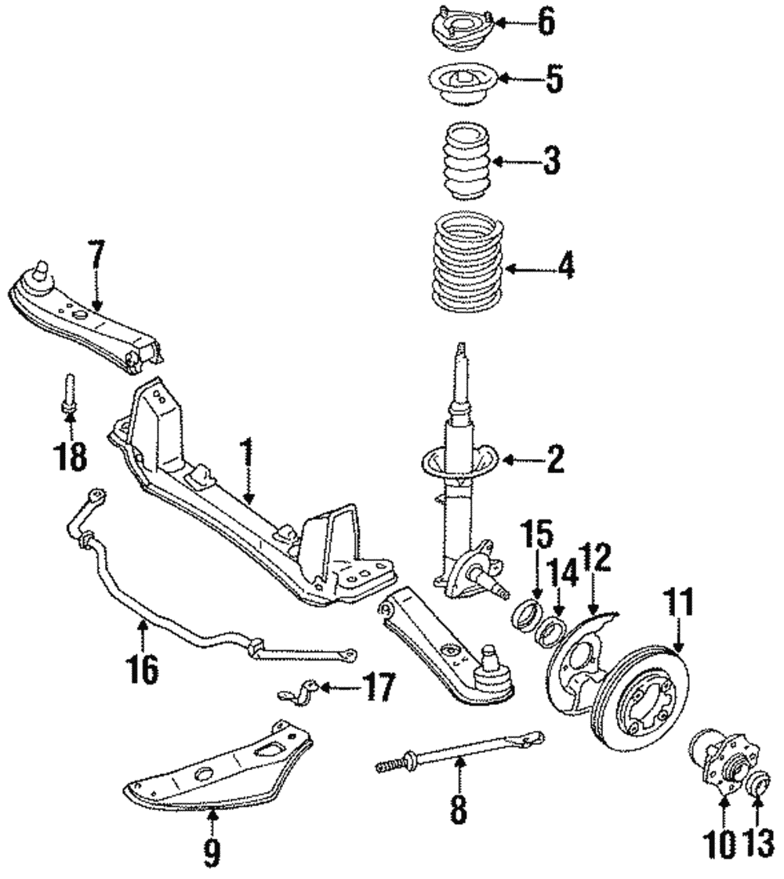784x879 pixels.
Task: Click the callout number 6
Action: pyautogui.click(x=546, y=22)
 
